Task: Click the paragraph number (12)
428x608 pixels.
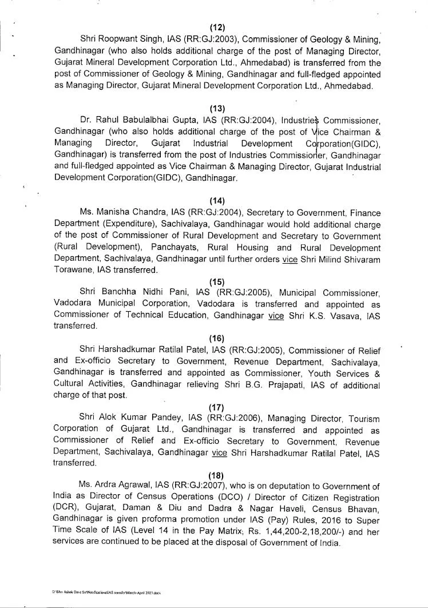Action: click(217, 27)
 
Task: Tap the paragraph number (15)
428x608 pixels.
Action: click(217, 281)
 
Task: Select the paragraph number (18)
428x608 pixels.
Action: click(217, 474)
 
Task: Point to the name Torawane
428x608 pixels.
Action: click(73, 269)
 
